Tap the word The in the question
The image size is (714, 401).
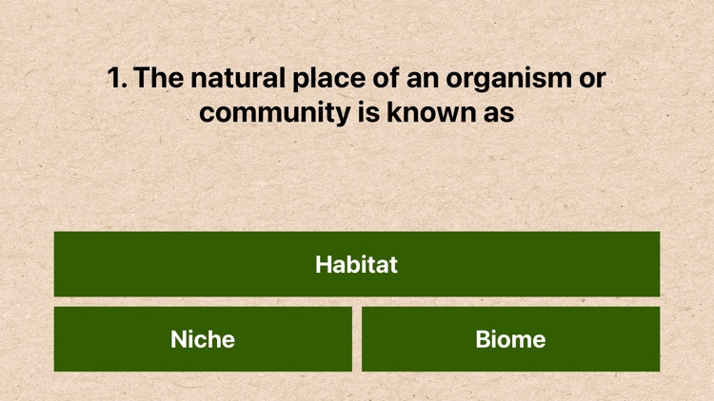159,78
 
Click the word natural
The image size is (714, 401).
236,78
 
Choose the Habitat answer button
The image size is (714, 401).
357,264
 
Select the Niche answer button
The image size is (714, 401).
203,339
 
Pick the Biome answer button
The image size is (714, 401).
510,339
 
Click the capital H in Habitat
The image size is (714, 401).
324,264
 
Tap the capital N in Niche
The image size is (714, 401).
179,339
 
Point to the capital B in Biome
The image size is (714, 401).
483,339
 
